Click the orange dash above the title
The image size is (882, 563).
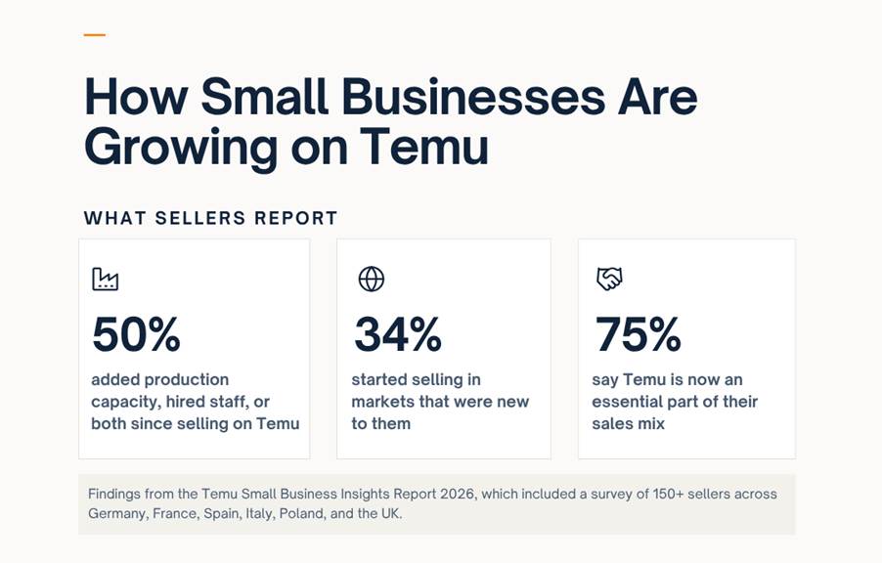coord(95,35)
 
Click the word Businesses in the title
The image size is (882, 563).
coord(473,96)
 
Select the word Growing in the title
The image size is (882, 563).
coord(181,148)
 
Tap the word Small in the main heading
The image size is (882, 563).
coord(264,96)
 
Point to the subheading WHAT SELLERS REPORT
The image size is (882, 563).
coord(211,218)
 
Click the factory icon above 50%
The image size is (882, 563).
coord(106,279)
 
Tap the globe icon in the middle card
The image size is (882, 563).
coord(372,279)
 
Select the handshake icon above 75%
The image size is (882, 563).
coord(609,279)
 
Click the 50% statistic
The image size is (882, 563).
coord(136,334)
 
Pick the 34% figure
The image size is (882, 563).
coord(398,334)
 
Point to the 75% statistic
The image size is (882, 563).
coord(638,334)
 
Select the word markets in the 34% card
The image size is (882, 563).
coord(384,402)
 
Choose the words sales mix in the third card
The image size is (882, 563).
coord(629,423)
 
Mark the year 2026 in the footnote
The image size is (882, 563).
coord(457,494)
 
